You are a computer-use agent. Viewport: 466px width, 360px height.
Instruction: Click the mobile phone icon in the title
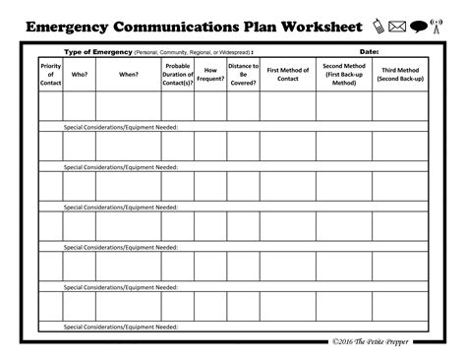(x=380, y=26)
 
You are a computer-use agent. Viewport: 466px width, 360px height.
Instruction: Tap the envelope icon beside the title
(x=397, y=26)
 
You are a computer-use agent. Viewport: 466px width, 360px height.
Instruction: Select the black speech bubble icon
(x=417, y=26)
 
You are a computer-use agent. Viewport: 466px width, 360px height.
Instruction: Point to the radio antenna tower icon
(x=436, y=26)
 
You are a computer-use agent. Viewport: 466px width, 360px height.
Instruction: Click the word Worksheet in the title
(x=316, y=26)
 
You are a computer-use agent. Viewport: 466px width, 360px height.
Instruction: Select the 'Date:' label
(x=370, y=51)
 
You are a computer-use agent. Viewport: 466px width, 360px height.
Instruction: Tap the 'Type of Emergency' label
(x=98, y=51)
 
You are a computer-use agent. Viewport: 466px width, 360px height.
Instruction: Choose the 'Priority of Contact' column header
(x=50, y=73)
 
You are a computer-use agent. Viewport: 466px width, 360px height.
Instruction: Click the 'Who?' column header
(x=80, y=73)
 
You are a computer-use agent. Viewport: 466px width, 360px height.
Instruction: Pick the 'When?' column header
(x=129, y=73)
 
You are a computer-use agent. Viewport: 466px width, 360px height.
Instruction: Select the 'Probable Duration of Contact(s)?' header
(x=178, y=74)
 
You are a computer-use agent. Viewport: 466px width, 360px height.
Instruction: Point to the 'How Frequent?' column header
(x=210, y=73)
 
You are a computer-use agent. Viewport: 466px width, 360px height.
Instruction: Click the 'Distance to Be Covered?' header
(x=243, y=74)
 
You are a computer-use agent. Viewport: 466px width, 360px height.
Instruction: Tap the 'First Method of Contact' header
(x=287, y=73)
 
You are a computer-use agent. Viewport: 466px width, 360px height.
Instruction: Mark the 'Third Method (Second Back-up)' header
(x=401, y=74)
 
